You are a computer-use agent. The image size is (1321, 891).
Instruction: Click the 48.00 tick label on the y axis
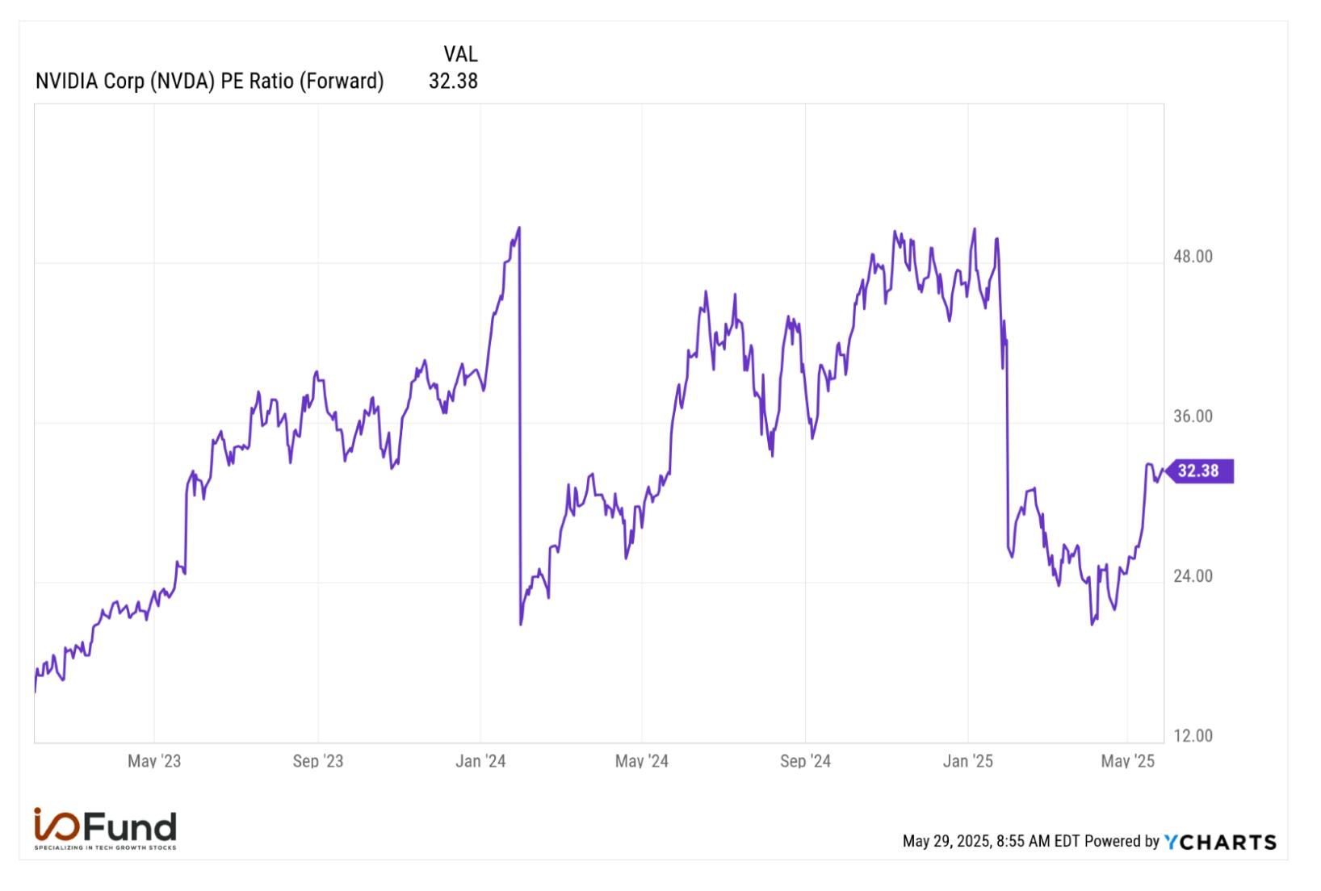pos(1193,257)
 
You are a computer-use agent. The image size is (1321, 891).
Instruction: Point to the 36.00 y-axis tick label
pos(1193,416)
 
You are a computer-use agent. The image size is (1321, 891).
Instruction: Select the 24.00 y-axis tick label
pos(1193,575)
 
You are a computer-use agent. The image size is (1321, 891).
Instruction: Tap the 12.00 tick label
pos(1193,735)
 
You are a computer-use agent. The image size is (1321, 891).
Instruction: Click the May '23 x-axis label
pos(154,761)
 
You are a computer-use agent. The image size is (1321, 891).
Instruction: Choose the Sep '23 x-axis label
pos(318,761)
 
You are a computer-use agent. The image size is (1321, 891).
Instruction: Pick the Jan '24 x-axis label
pos(480,761)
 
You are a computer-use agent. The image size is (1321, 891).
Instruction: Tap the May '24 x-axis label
pos(642,761)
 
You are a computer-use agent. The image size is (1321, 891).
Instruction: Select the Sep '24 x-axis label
pos(806,761)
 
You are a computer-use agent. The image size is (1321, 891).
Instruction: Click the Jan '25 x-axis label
pos(968,761)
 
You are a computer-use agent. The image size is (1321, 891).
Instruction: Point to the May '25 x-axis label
pos(1127,761)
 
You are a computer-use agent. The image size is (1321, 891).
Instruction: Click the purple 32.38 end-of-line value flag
pos(1200,471)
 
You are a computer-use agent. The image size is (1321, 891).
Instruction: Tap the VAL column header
pos(460,54)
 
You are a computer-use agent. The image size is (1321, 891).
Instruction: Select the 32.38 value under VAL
pos(453,81)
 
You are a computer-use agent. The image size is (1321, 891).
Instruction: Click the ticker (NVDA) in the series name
pos(182,82)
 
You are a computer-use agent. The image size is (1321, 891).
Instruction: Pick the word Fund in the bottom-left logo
pos(130,826)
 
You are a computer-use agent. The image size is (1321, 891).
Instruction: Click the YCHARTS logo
pos(1220,842)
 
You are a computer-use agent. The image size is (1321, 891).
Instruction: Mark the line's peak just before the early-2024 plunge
pos(519,228)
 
